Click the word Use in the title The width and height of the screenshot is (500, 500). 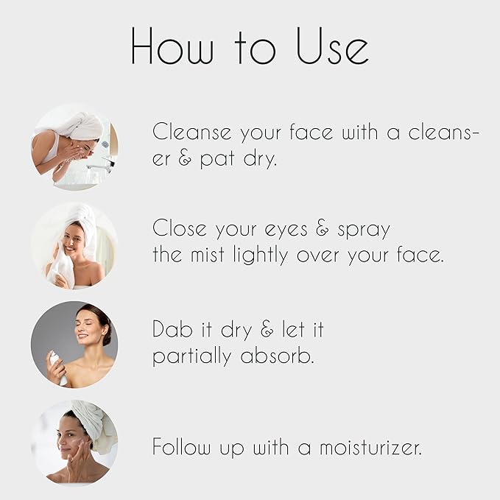[x=333, y=46]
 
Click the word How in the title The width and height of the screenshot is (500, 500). [x=172, y=46]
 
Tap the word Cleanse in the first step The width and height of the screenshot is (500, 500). [x=192, y=131]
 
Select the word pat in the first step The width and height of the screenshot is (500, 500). [x=217, y=158]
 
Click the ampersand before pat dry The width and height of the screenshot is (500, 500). [x=185, y=158]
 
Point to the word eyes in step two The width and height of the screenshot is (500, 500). [x=286, y=230]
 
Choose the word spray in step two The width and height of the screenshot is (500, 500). [x=364, y=230]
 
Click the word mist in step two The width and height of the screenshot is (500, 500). [x=208, y=255]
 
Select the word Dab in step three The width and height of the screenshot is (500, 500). [x=172, y=328]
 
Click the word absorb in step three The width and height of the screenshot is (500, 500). [x=277, y=356]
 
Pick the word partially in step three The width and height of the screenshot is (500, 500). [x=192, y=356]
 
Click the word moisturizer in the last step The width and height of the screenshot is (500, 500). [x=371, y=447]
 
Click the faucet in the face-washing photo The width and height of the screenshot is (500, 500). [x=101, y=163]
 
